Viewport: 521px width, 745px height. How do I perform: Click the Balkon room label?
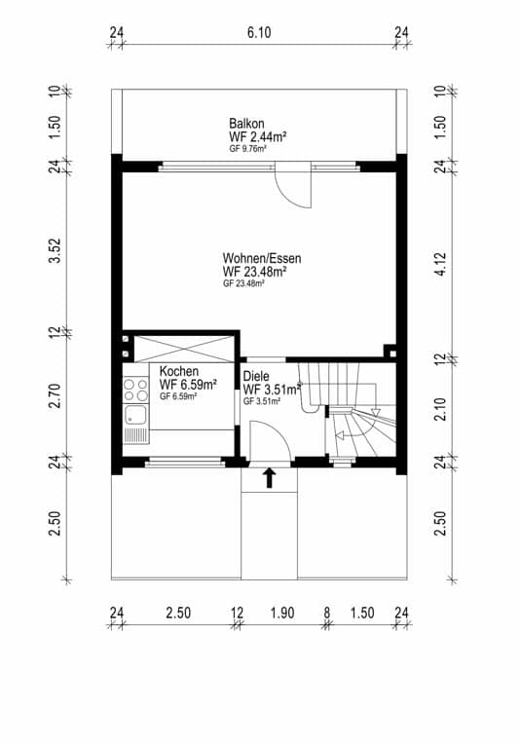(x=246, y=123)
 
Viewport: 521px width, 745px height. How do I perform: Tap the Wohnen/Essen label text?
(x=262, y=258)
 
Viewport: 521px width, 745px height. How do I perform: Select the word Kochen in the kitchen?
(x=179, y=371)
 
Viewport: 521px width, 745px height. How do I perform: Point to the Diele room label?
(x=255, y=376)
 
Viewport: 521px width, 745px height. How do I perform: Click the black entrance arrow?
(x=270, y=478)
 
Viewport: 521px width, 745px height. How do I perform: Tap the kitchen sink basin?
(x=135, y=416)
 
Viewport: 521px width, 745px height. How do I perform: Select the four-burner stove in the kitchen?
(x=135, y=390)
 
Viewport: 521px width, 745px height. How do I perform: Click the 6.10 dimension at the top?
(x=259, y=32)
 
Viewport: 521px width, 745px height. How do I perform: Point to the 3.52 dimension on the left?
(x=56, y=250)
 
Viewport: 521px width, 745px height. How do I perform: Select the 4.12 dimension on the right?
(x=440, y=264)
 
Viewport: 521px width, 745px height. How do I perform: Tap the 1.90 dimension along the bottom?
(x=282, y=613)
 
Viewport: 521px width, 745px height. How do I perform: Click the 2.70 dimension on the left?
(x=56, y=395)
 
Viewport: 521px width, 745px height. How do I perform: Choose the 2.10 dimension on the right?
(x=440, y=409)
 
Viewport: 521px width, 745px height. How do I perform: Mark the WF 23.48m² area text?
(x=254, y=272)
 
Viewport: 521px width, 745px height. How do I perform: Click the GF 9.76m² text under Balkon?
(x=247, y=148)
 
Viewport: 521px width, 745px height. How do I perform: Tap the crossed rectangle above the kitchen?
(x=184, y=350)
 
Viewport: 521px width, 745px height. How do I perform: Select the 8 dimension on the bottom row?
(x=327, y=613)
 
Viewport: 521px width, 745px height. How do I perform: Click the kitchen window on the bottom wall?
(x=184, y=461)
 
